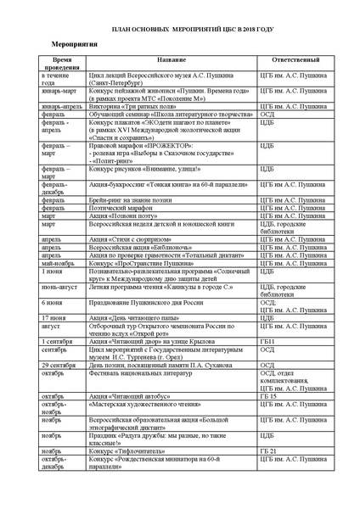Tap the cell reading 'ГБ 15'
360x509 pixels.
click(x=269, y=396)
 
